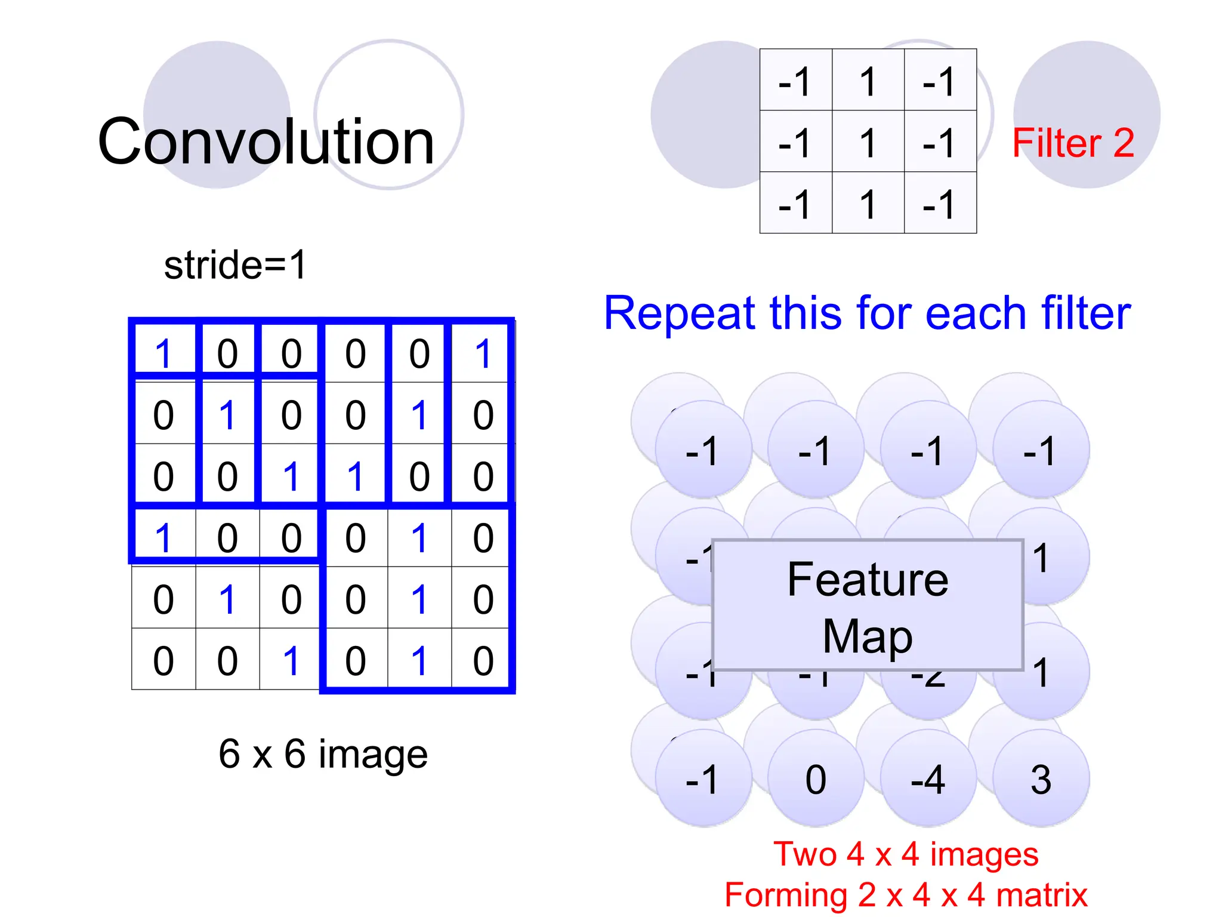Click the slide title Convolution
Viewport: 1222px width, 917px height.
tap(266, 141)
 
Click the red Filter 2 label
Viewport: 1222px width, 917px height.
tap(1073, 143)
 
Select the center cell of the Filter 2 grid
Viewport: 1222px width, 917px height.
tap(868, 141)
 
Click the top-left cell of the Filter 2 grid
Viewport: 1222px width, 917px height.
tap(795, 80)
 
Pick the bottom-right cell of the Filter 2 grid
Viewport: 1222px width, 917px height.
tap(940, 203)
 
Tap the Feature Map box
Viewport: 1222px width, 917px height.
tap(868, 605)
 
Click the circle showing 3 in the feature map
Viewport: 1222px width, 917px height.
tap(1041, 778)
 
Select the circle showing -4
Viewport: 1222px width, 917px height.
tap(928, 778)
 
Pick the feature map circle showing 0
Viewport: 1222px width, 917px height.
tap(816, 778)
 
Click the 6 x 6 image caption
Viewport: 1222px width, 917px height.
tap(323, 753)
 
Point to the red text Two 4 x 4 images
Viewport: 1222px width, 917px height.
tap(906, 854)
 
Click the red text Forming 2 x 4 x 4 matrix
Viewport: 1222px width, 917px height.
tap(906, 894)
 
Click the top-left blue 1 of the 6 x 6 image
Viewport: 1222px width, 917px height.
tap(163, 353)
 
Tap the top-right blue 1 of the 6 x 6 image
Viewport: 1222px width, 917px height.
tap(483, 353)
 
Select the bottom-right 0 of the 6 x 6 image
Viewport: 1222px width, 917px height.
tap(483, 660)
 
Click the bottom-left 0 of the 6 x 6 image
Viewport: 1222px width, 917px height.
tap(163, 660)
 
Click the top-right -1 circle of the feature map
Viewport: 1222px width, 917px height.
tap(1041, 450)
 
